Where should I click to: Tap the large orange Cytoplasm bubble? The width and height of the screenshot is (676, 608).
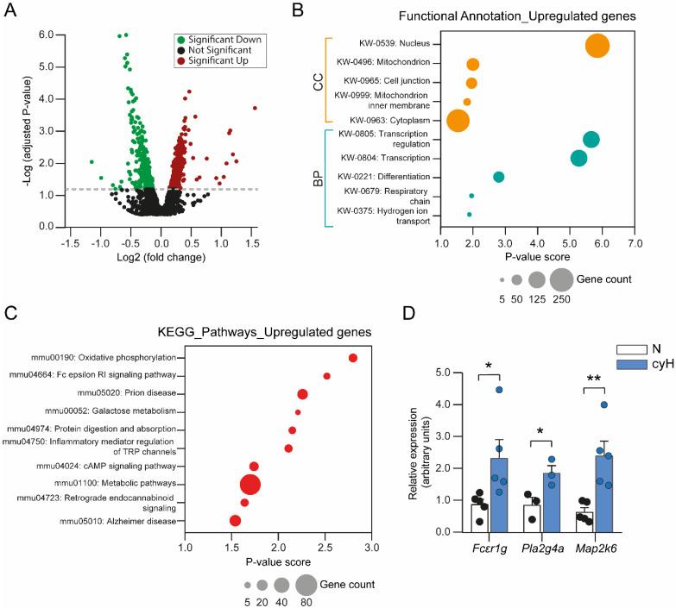click(x=458, y=121)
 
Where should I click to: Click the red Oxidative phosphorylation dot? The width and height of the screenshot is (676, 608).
click(x=353, y=358)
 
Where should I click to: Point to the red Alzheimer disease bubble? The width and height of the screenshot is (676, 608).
click(x=235, y=521)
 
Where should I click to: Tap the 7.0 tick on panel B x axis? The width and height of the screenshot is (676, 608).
click(x=635, y=244)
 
